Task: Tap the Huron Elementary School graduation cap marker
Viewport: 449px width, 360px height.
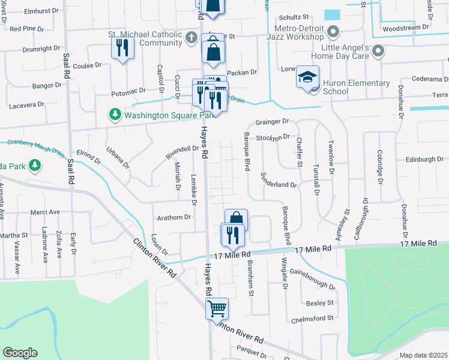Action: click(x=307, y=78)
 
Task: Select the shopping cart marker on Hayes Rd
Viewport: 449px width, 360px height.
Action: click(x=217, y=308)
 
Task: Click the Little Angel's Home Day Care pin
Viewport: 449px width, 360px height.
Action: click(x=378, y=52)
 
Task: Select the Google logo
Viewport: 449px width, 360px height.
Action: click(x=20, y=353)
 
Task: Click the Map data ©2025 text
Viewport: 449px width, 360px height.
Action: click(x=423, y=355)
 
